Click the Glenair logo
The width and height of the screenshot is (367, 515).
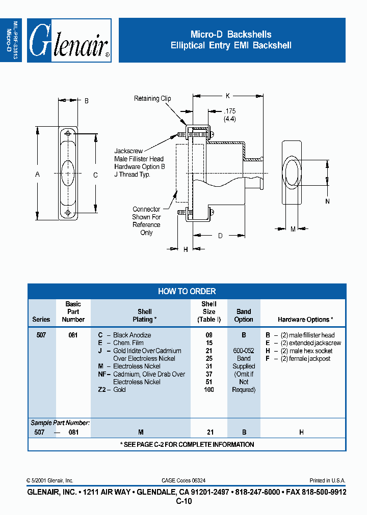tap(69, 41)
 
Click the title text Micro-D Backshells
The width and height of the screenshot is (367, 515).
tap(231, 35)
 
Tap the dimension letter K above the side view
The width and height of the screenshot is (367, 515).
tap(228, 95)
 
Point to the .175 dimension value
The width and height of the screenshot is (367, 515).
tap(230, 111)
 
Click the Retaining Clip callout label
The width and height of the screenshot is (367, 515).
tap(152, 99)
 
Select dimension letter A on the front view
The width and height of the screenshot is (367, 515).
tap(37, 175)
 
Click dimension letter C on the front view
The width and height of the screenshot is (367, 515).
tap(95, 175)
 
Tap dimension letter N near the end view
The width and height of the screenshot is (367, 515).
tap(327, 202)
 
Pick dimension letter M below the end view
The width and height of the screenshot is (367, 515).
tap(293, 230)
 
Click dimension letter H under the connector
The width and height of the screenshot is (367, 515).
tap(186, 249)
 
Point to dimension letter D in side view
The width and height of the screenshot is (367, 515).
tap(220, 236)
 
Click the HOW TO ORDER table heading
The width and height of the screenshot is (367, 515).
tap(187, 291)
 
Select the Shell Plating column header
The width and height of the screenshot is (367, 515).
tap(145, 316)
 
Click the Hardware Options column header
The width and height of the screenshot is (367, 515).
tap(305, 320)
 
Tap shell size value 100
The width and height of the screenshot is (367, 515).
tap(208, 389)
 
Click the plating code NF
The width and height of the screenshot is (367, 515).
tap(102, 374)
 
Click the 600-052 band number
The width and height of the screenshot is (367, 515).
tap(244, 351)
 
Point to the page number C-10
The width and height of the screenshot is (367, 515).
tap(184, 501)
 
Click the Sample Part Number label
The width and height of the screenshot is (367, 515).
tap(60, 423)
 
